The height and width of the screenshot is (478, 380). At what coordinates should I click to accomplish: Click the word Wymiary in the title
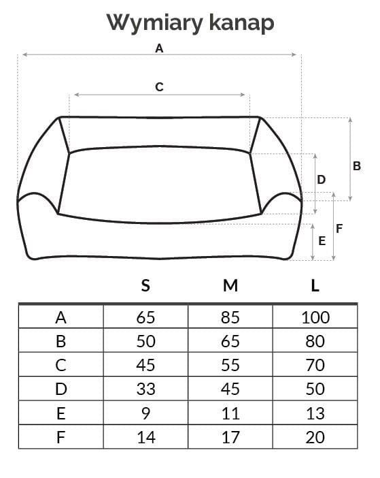pyautogui.click(x=155, y=23)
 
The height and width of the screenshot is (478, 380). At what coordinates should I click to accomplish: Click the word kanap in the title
pyautogui.click(x=242, y=23)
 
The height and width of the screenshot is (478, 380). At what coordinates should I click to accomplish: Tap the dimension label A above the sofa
pyautogui.click(x=159, y=48)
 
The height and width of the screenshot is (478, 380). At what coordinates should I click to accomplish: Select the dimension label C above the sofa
pyautogui.click(x=159, y=87)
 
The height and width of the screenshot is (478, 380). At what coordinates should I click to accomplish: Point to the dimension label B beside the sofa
pyautogui.click(x=357, y=166)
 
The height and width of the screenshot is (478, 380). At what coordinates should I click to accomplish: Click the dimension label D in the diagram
pyautogui.click(x=322, y=180)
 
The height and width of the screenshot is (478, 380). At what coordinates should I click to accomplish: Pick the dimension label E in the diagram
pyautogui.click(x=322, y=241)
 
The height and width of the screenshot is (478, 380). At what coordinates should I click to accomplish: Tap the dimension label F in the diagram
pyautogui.click(x=339, y=228)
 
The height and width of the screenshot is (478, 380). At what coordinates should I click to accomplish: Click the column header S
pyautogui.click(x=145, y=285)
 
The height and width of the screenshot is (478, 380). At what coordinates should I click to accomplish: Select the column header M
pyautogui.click(x=230, y=285)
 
